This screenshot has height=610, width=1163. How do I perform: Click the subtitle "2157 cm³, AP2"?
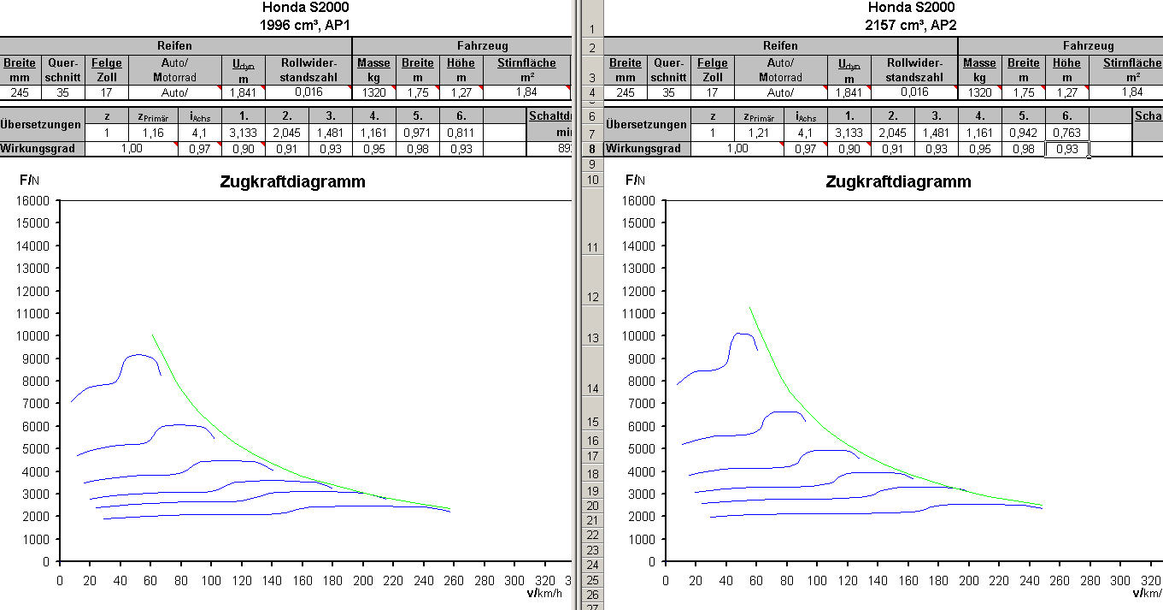click(911, 25)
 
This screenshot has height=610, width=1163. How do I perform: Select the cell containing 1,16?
click(153, 133)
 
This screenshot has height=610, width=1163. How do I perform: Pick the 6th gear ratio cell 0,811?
click(461, 133)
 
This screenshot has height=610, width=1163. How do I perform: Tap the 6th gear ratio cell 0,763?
click(1066, 133)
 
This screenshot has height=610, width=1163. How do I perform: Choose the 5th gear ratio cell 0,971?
click(417, 133)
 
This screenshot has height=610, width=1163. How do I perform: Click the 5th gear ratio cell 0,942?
click(1023, 133)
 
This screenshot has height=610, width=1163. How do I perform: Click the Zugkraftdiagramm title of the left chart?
click(292, 181)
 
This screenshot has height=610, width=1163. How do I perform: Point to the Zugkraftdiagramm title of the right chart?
click(898, 181)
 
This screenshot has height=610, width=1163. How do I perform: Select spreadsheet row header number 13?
click(591, 339)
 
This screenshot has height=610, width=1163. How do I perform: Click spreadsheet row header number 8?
click(591, 148)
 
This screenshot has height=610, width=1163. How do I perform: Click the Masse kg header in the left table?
click(373, 69)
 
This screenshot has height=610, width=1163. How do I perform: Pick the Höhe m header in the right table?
click(1066, 69)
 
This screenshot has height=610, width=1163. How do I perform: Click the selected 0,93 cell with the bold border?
click(1066, 149)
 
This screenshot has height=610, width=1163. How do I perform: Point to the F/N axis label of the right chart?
click(635, 180)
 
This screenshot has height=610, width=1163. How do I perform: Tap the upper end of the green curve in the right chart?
click(749, 307)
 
